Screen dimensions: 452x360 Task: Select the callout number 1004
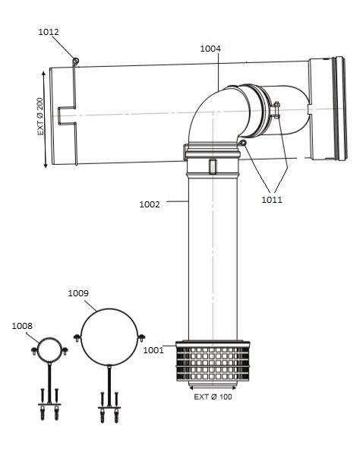tap(210, 49)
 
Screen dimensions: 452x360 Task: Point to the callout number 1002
tap(150, 204)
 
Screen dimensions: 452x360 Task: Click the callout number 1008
tap(23, 326)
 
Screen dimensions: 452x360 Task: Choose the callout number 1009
tap(79, 292)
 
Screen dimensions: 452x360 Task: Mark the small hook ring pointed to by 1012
tap(75, 61)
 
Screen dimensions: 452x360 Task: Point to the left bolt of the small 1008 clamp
tap(35, 350)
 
